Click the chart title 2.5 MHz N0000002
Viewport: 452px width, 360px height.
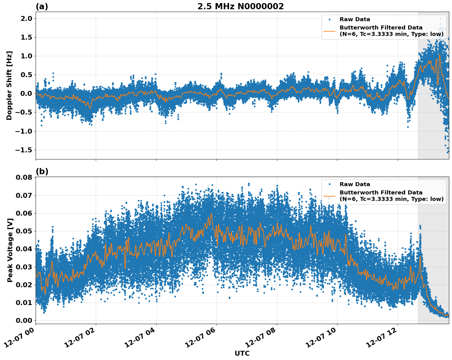pos(240,6)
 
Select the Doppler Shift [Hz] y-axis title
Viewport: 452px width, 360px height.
pos(9,85)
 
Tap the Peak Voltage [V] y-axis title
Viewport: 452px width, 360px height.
pos(10,257)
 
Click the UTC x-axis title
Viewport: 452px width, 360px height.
pos(242,354)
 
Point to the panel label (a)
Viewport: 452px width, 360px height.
pos(42,6)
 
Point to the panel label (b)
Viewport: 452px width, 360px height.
pos(42,171)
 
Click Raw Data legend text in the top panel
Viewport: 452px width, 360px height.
pos(355,19)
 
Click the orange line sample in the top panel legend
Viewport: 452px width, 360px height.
pos(329,31)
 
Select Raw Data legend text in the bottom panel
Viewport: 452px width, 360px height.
pos(355,184)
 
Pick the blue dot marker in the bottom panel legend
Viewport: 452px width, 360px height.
pos(329,184)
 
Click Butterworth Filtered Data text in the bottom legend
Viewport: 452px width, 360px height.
pos(381,193)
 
